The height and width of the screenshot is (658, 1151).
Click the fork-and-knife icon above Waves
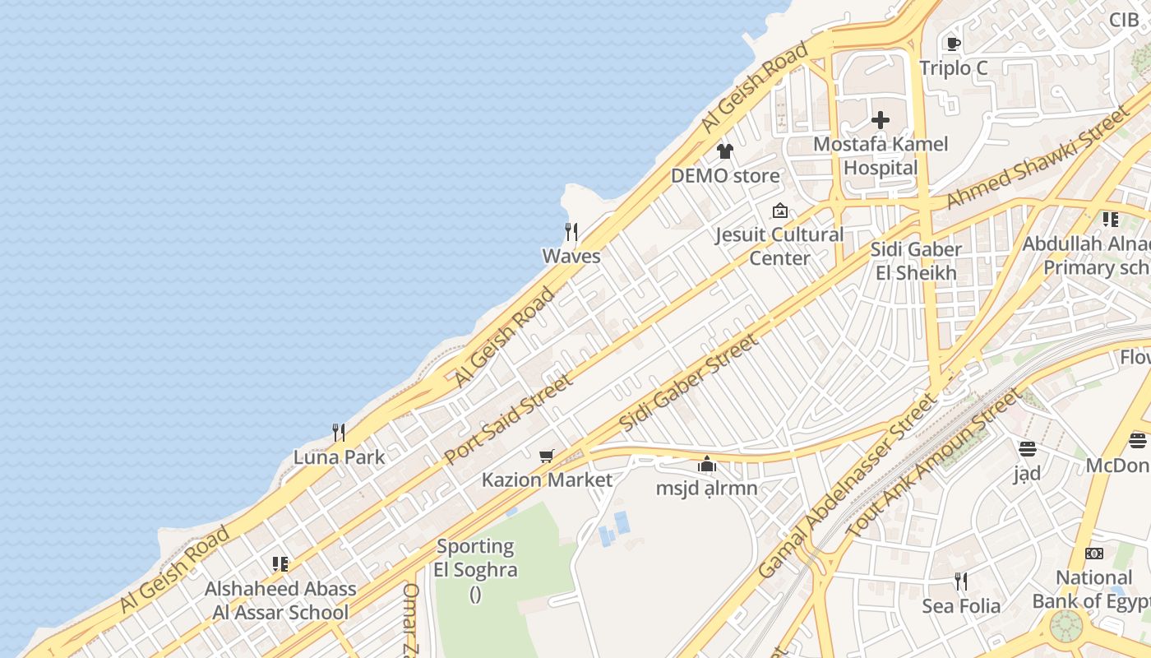coord(571,231)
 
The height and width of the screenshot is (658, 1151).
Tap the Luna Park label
coord(339,457)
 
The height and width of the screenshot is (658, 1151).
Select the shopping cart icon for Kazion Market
coord(546,456)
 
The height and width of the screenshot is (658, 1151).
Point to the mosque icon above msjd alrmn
coord(706,465)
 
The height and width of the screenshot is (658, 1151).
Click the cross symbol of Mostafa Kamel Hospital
coord(881,120)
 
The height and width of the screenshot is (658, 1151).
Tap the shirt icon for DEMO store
coord(724,151)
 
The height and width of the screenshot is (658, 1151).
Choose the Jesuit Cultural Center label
coord(779,246)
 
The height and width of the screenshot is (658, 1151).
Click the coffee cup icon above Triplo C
coord(953,44)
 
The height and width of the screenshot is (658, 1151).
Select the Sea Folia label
coord(961,606)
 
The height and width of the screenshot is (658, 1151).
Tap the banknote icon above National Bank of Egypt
coord(1094,554)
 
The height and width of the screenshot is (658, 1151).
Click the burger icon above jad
coord(1027,449)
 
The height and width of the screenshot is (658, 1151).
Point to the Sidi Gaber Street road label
coord(688,383)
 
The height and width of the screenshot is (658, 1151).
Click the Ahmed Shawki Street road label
coord(1038,159)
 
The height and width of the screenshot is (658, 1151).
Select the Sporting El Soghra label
coord(476,558)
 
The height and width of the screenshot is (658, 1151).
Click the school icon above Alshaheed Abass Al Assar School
coord(280,564)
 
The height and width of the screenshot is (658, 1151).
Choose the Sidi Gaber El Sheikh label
coord(916,261)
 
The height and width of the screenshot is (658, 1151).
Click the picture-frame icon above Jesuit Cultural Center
coord(779,211)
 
